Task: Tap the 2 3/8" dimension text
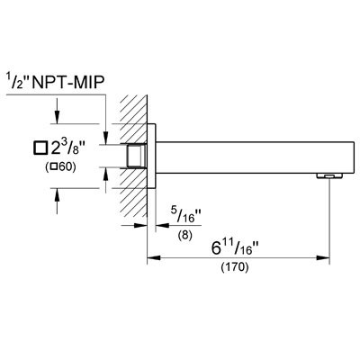click(x=68, y=148)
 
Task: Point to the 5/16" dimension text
click(x=186, y=214)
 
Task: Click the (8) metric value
click(x=184, y=235)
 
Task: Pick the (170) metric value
click(x=235, y=266)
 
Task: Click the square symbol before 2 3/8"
click(x=40, y=148)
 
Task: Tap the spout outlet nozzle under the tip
click(x=329, y=175)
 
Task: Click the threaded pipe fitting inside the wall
click(x=137, y=156)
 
